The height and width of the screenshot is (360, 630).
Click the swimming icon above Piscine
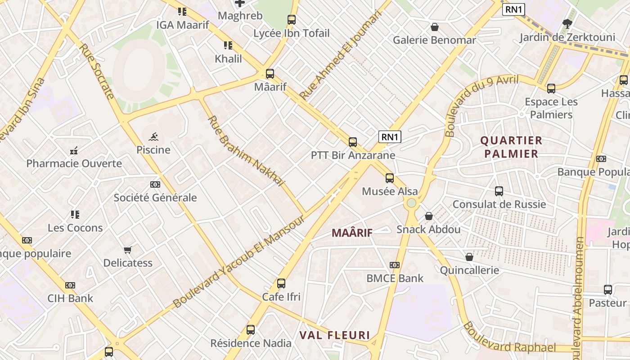(153, 136)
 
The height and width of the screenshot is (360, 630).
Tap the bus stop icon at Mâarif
(270, 74)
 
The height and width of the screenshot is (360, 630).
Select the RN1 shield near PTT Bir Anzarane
(389, 137)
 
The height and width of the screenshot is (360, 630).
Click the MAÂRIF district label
(352, 233)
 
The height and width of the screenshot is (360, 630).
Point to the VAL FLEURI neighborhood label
(335, 335)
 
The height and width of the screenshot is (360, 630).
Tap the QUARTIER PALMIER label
(511, 147)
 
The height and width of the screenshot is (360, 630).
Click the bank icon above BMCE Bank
(395, 265)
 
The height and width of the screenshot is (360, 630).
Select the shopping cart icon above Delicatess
(128, 250)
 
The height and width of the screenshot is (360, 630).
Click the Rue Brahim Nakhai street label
(246, 151)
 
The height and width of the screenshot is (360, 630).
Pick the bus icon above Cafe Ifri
(281, 283)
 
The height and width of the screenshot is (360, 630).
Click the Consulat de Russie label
(499, 204)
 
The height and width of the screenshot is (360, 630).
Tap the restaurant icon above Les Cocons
(75, 215)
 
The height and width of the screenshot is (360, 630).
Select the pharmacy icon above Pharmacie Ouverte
(74, 150)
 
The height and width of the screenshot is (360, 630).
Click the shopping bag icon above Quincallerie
(469, 257)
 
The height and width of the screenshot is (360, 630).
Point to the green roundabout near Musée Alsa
(411, 203)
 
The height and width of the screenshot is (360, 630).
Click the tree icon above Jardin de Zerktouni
(567, 23)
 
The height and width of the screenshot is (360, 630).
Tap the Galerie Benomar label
(434, 40)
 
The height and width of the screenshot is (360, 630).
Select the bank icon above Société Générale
(155, 184)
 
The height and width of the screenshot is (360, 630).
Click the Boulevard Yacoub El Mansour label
(238, 262)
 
